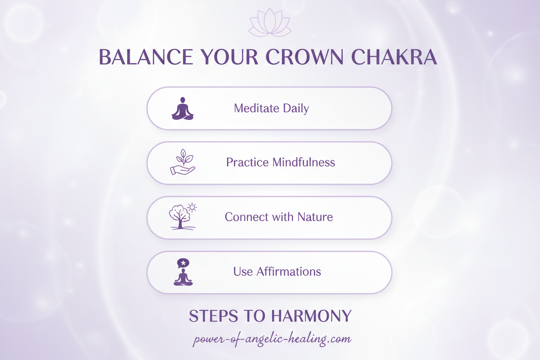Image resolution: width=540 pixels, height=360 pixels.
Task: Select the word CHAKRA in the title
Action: pyautogui.click(x=394, y=58)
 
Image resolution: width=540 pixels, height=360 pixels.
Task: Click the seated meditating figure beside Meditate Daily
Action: pyautogui.click(x=183, y=109)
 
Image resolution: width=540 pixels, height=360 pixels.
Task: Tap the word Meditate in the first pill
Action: pyautogui.click(x=254, y=108)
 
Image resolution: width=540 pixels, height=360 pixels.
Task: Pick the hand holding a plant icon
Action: pyautogui.click(x=183, y=162)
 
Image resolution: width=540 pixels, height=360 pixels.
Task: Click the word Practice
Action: pyautogui.click(x=247, y=162)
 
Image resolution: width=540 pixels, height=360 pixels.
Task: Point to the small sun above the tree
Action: pyautogui.click(x=192, y=207)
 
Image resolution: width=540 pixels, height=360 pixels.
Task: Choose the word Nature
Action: pyautogui.click(x=315, y=217)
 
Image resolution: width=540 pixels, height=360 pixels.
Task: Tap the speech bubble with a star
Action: pyautogui.click(x=183, y=263)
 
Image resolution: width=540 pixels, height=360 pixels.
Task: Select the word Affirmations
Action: pyautogui.click(x=289, y=272)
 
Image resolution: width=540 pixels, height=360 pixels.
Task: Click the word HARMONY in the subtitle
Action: pyautogui.click(x=311, y=316)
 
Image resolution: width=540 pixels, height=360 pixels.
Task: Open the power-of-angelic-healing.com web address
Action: pyautogui.click(x=272, y=339)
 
